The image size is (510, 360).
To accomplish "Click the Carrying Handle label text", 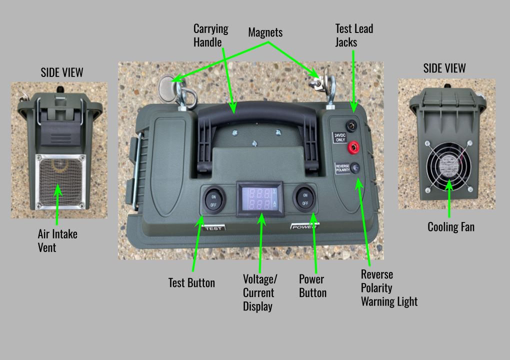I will click(x=211, y=35).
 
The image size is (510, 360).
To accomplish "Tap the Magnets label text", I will click(x=265, y=32).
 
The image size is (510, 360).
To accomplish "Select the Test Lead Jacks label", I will click(x=354, y=35).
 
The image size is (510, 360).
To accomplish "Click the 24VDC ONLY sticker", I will click(x=341, y=137).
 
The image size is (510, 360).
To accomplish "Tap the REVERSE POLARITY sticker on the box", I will click(x=342, y=168).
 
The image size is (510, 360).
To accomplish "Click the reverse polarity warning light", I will click(x=355, y=168).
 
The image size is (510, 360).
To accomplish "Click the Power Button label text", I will click(x=312, y=286).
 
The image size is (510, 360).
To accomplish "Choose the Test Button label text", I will click(x=191, y=283).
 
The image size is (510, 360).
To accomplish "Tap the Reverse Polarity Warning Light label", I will click(x=389, y=288).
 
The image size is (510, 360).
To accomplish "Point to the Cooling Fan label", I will click(x=451, y=227).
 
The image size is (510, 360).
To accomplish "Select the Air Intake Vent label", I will click(x=57, y=240).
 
